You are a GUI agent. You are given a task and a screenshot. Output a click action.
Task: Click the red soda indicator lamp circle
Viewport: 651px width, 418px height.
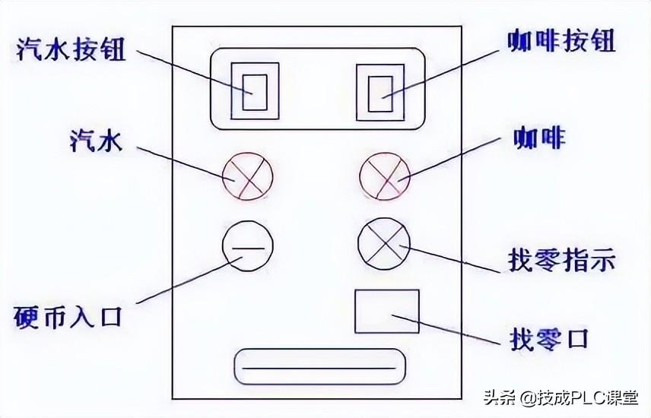coord(247,177)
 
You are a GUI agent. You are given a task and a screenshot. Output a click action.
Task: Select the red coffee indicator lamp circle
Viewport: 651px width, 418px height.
coord(384,177)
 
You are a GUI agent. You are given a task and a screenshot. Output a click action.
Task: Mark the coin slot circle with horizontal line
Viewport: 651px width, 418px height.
coord(247,247)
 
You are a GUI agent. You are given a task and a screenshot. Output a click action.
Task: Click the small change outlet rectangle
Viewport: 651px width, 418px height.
coord(386,311)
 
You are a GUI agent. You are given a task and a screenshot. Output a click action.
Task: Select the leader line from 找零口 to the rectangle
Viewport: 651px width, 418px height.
coord(456,327)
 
